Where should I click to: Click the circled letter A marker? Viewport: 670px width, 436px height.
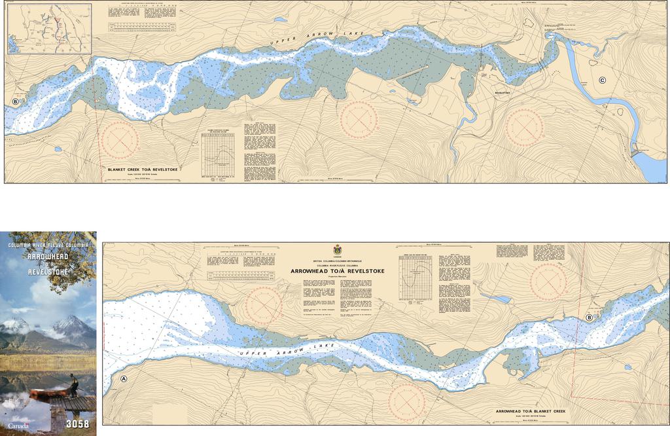tap(124, 378)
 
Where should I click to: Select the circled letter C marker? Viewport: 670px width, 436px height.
tap(602, 80)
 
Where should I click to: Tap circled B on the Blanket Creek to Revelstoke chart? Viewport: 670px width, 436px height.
tap(15, 101)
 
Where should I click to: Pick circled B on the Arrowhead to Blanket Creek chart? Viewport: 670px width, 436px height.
tap(590, 318)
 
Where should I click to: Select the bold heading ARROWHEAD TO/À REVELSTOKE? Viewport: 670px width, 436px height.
tap(338, 270)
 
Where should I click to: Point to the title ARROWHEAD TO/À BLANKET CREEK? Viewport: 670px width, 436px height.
tap(531, 411)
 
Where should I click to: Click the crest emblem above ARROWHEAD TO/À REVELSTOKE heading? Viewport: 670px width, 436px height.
tap(338, 250)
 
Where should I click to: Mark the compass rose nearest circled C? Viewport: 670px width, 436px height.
tap(525, 126)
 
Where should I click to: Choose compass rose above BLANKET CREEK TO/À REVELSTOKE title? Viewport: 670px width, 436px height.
tap(119, 139)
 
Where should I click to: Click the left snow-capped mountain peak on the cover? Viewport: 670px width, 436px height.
tap(16, 323)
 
